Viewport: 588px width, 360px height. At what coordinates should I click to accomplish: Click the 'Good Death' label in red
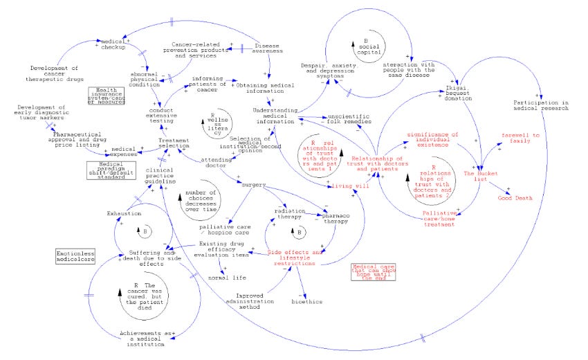pyautogui.click(x=515, y=198)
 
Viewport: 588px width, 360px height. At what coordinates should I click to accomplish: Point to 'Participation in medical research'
pyautogui.click(x=540, y=107)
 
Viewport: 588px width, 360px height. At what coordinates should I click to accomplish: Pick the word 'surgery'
pyautogui.click(x=253, y=184)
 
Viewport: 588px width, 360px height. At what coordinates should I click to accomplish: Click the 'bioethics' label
pyautogui.click(x=306, y=302)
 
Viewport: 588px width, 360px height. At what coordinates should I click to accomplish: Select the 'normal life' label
pyautogui.click(x=227, y=278)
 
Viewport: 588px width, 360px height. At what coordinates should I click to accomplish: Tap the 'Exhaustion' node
pyautogui.click(x=123, y=214)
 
